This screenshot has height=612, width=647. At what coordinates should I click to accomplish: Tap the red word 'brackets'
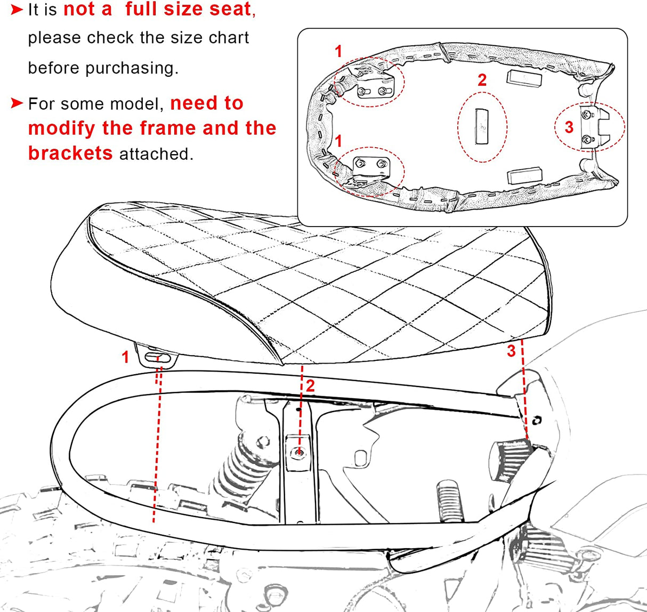[x=70, y=153]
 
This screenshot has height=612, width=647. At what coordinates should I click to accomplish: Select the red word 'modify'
[x=62, y=128]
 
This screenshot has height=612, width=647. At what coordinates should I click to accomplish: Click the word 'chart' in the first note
[x=229, y=37]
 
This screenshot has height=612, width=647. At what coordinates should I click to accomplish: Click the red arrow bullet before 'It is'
[x=17, y=10]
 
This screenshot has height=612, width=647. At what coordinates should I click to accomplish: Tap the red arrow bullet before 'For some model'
[x=17, y=103]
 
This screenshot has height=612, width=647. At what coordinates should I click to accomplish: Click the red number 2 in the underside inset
[x=482, y=80]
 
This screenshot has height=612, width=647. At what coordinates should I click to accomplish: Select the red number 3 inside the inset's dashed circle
[x=569, y=127]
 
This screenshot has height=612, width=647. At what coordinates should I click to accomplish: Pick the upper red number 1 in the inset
[x=338, y=51]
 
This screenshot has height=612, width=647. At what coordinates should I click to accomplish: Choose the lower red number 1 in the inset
[x=338, y=141]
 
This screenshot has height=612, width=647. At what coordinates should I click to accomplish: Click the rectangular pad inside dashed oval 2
[x=482, y=127]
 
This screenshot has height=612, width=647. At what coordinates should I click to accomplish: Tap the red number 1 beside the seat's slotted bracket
[x=125, y=357]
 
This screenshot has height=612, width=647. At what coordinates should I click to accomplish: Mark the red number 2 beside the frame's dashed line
[x=310, y=386]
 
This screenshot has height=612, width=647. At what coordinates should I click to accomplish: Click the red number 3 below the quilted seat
[x=511, y=351]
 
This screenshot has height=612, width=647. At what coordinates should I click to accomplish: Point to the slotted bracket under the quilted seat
[x=156, y=356]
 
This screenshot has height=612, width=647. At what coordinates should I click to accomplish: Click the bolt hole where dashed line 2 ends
[x=299, y=453]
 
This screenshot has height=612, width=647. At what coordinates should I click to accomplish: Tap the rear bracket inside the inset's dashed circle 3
[x=592, y=127]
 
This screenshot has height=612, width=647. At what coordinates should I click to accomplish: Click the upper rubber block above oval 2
[x=524, y=79]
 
